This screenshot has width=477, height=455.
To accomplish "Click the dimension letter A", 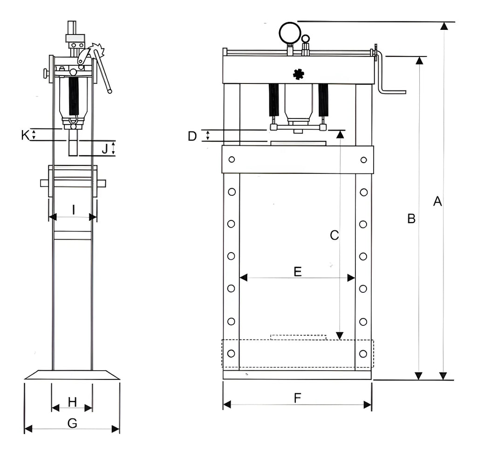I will pyautogui.click(x=437, y=201).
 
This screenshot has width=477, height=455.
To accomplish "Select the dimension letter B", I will pyautogui.click(x=411, y=219).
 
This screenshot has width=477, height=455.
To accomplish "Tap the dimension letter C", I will pyautogui.click(x=334, y=235).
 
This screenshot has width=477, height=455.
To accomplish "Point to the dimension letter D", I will pyautogui.click(x=192, y=136).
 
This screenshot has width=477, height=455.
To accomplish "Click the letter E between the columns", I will pyautogui.click(x=298, y=272).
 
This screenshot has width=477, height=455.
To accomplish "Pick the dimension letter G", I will pyautogui.click(x=72, y=423).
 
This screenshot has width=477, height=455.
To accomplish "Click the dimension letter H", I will pyautogui.click(x=72, y=401).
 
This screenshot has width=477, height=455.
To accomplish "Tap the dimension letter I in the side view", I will pyautogui.click(x=73, y=210).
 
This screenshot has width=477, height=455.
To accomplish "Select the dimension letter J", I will pyautogui.click(x=105, y=149).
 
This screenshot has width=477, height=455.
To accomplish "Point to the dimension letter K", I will pyautogui.click(x=25, y=135).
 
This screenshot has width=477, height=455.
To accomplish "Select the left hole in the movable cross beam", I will pyautogui.click(x=231, y=159).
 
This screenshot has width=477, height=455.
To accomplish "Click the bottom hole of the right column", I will pyautogui.click(x=363, y=353).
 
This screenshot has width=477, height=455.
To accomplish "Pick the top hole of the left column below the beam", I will pyautogui.click(x=231, y=192).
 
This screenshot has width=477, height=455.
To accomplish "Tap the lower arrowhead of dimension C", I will pyautogui.click(x=340, y=335).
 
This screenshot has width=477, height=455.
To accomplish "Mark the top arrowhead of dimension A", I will pyautogui.click(x=444, y=26).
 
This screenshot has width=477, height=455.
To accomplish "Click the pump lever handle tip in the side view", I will pyautogui.click(x=110, y=91).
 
